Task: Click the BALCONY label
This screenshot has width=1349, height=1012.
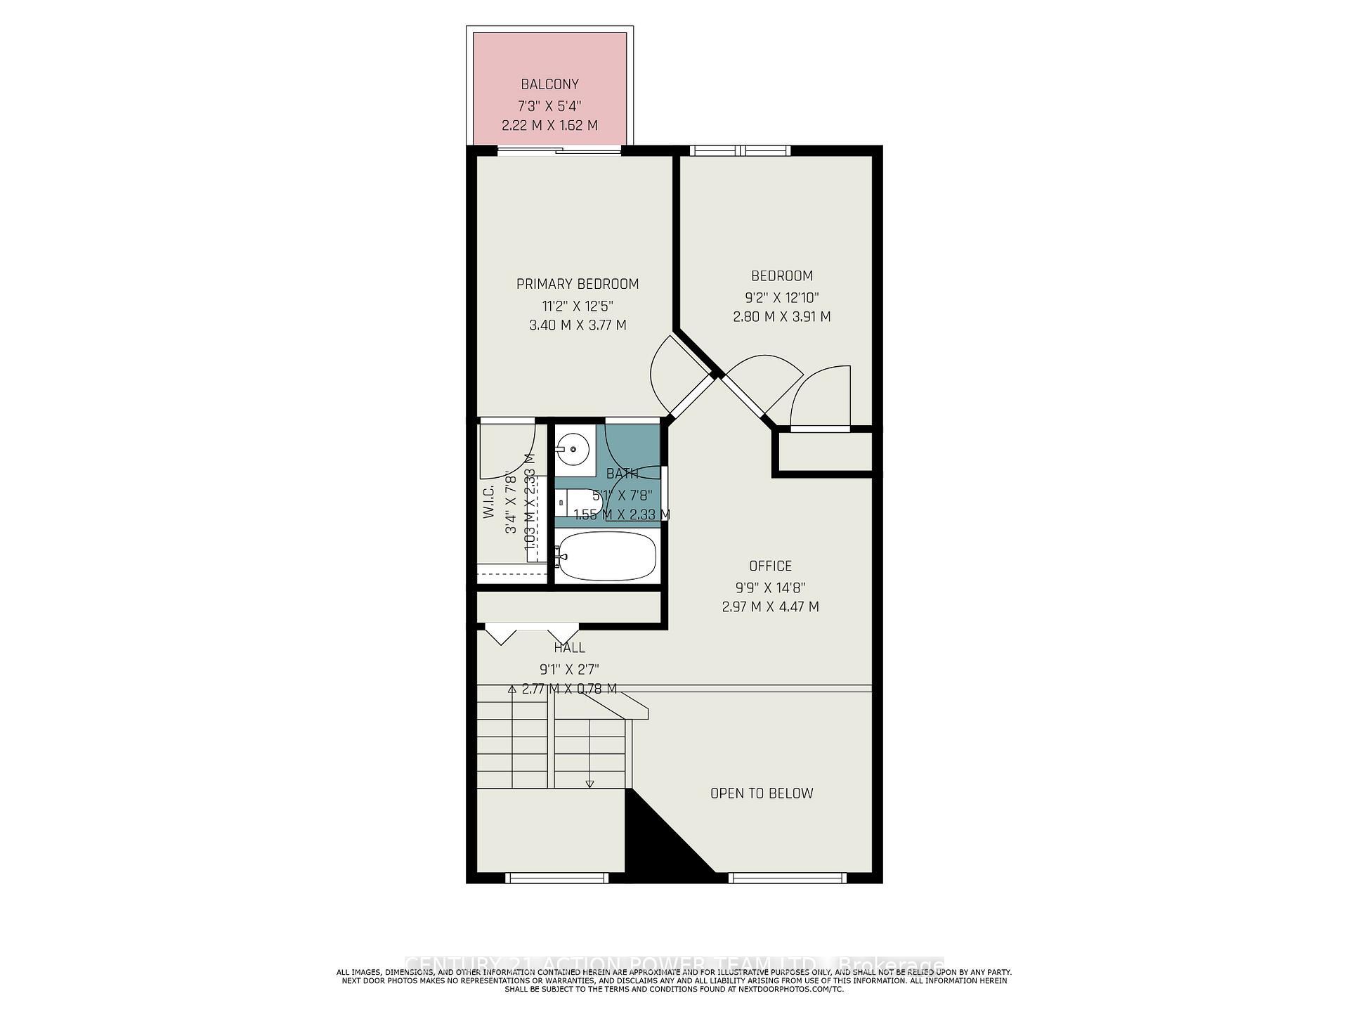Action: (549, 84)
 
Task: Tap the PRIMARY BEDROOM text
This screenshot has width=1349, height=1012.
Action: (578, 284)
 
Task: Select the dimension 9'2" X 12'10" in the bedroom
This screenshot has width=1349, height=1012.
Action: (781, 297)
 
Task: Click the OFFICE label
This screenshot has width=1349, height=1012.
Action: (770, 566)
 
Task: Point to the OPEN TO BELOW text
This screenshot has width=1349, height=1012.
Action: (762, 793)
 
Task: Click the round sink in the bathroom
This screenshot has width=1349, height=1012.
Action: (574, 448)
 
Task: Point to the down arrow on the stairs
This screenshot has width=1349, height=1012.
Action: (589, 783)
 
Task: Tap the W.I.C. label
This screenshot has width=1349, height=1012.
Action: (490, 502)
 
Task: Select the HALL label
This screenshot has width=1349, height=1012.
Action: (569, 648)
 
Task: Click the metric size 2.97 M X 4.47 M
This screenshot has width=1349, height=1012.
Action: (770, 606)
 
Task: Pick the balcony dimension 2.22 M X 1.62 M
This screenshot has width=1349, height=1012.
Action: (549, 126)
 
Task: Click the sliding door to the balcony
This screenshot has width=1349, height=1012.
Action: (559, 150)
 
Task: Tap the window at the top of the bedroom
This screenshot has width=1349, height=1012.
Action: (739, 150)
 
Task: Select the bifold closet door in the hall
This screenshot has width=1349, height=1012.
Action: (532, 632)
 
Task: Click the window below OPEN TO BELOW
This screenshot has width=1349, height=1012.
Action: (787, 877)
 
